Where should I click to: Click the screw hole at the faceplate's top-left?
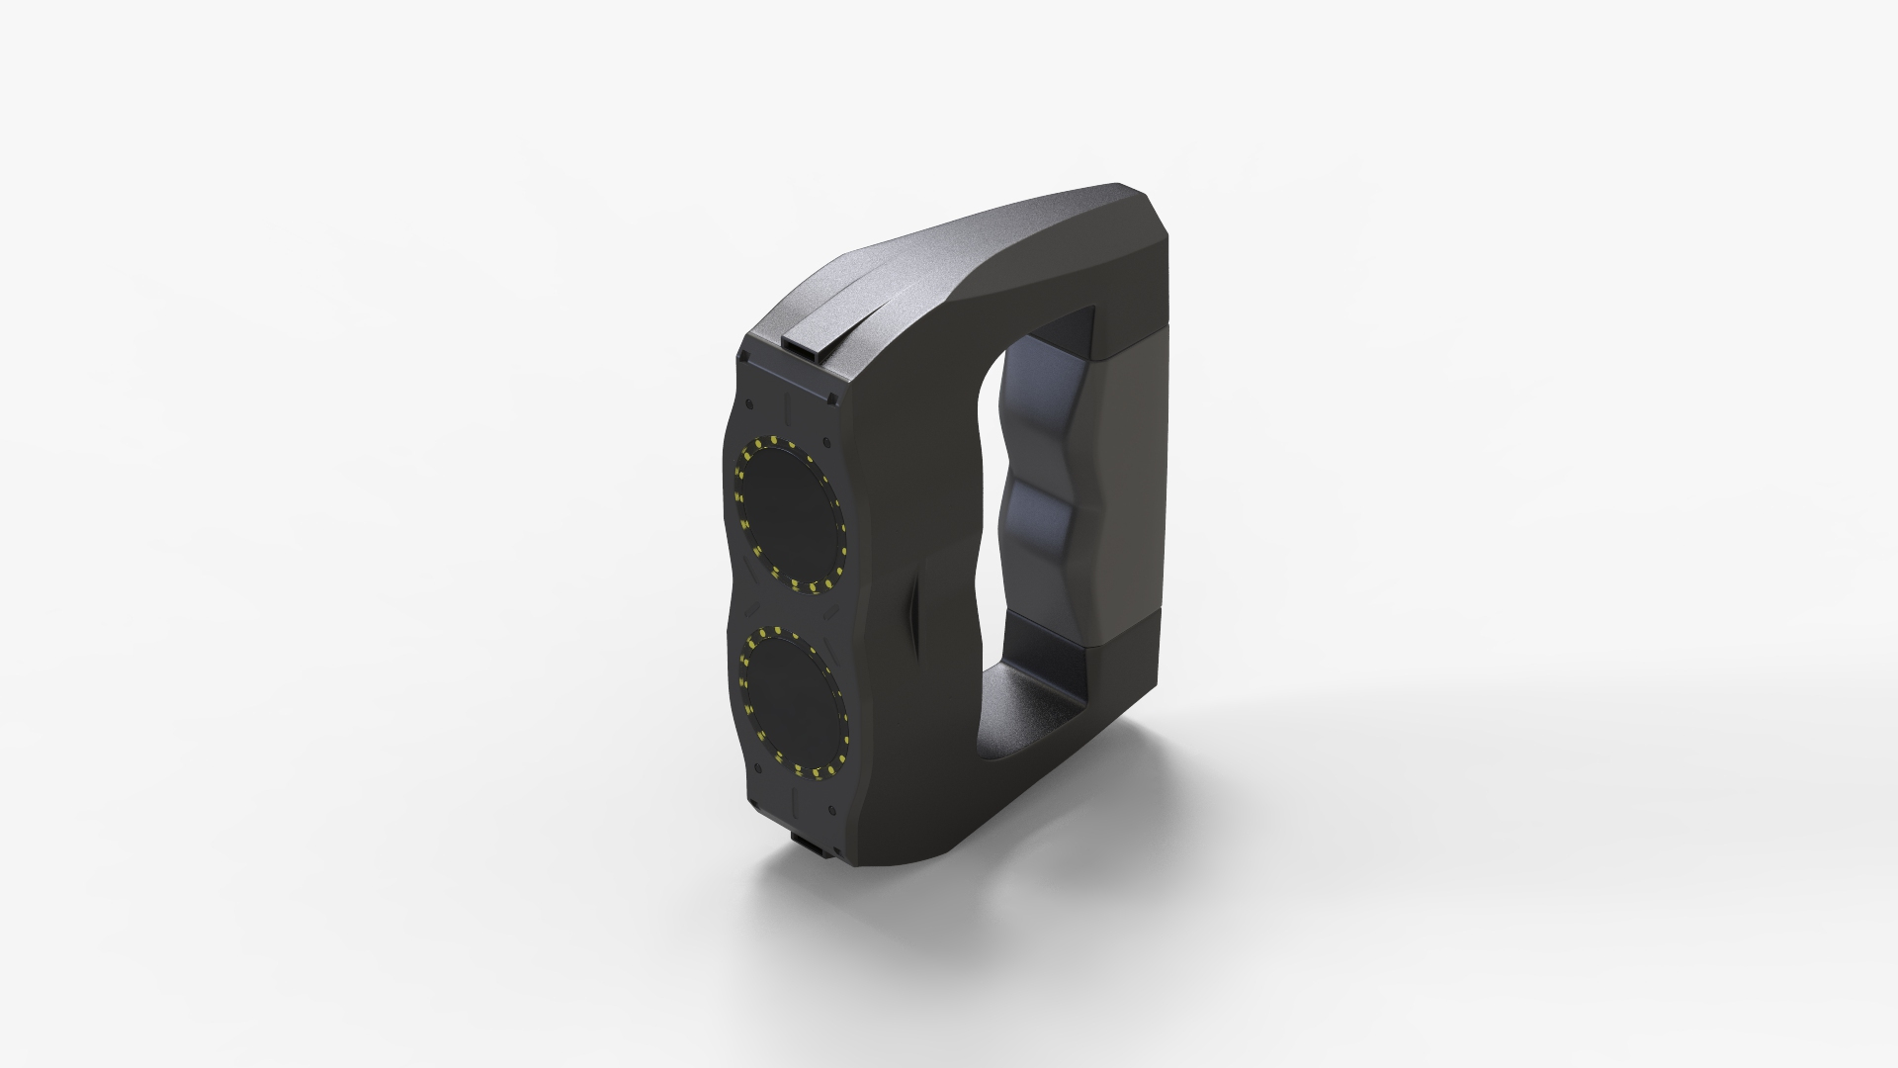tap(752, 403)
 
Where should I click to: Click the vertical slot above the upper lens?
tap(789, 406)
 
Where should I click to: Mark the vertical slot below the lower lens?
tap(796, 797)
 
